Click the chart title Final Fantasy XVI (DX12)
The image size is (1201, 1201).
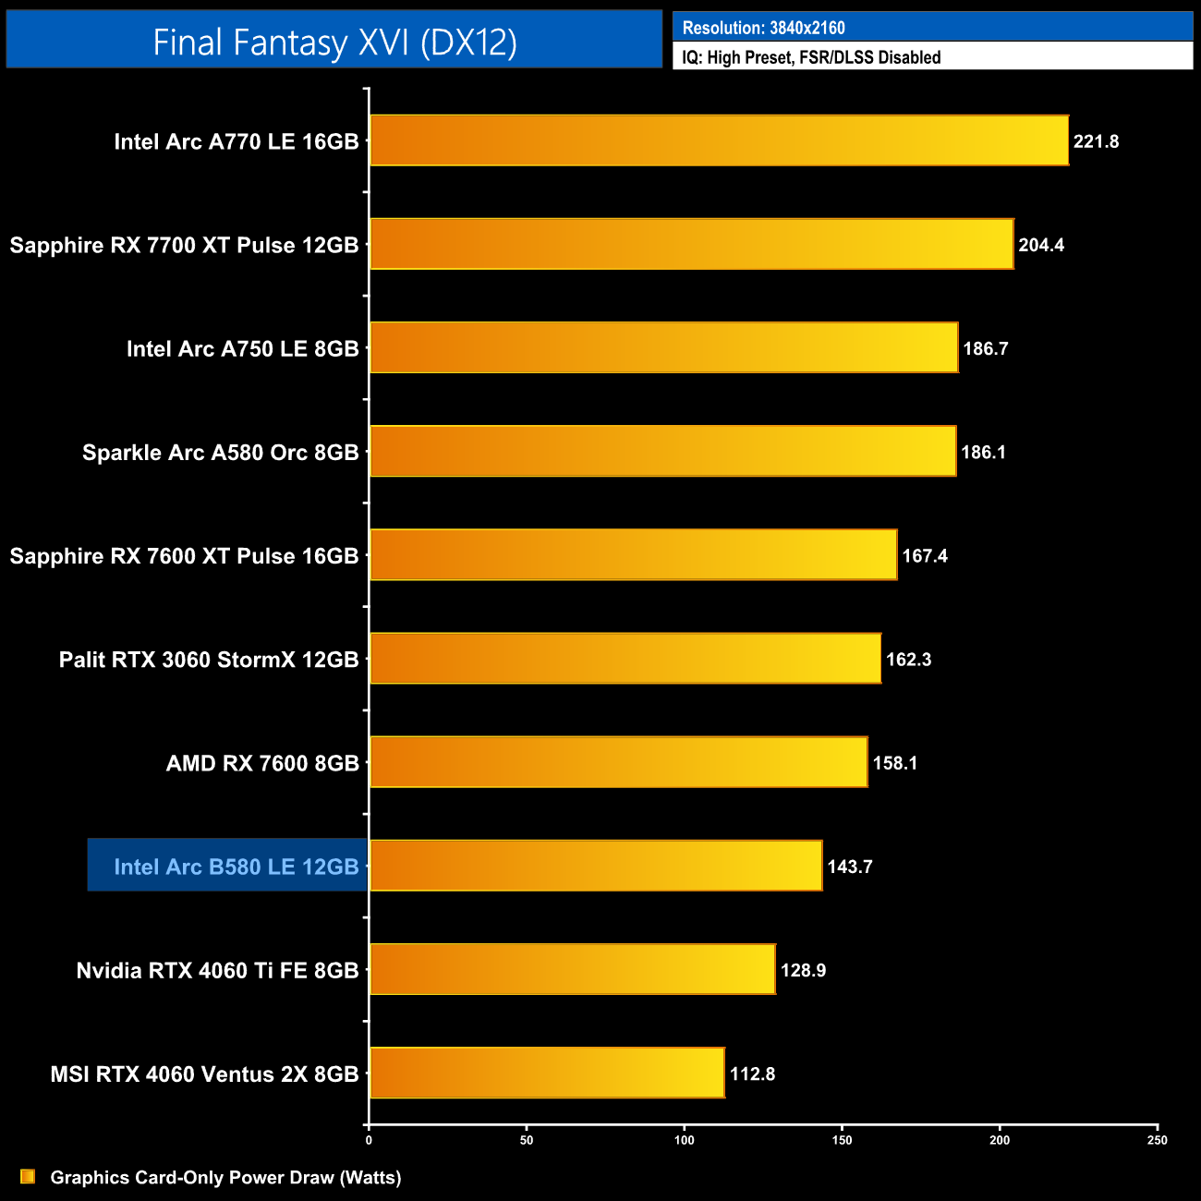334,42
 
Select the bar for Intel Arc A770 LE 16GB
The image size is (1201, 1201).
719,140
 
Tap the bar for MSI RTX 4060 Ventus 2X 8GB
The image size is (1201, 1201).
547,1073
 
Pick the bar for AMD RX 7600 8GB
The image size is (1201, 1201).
619,762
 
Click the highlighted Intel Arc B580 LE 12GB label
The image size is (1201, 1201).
236,867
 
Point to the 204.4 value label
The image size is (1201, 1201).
1041,245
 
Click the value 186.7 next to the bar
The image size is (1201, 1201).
986,348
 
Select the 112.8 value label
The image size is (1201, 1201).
752,1074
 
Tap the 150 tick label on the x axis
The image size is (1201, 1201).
842,1140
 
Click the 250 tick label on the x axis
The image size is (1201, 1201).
1157,1140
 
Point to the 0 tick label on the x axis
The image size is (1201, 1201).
369,1140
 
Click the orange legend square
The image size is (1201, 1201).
28,1176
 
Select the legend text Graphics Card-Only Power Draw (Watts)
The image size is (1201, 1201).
225,1177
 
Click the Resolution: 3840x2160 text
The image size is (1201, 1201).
763,28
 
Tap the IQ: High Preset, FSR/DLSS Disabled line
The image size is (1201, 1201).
811,57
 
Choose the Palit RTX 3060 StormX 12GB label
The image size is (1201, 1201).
209,660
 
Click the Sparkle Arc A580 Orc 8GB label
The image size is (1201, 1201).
220,453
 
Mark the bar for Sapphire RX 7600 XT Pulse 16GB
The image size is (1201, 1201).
633,554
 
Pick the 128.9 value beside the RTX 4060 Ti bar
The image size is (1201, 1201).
803,970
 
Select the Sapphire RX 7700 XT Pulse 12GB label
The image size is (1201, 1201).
184,245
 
